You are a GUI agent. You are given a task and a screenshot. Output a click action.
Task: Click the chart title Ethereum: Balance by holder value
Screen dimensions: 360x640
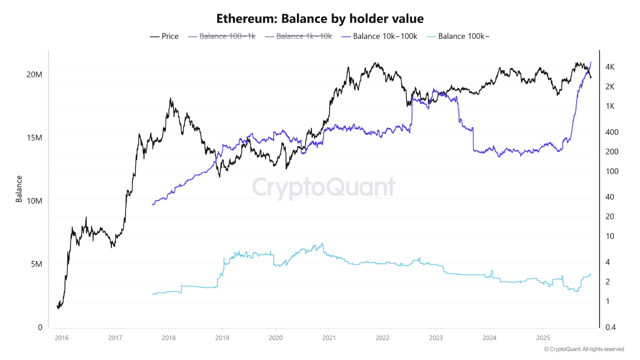tap(320, 19)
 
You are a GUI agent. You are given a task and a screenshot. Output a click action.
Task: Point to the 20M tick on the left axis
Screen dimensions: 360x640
tap(34, 74)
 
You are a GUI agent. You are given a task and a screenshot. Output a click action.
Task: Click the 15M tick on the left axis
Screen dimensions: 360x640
tap(34, 137)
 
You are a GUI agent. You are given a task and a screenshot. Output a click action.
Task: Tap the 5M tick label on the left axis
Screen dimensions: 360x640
tap(36, 264)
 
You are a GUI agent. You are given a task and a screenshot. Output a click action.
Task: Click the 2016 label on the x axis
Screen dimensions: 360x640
tap(61, 337)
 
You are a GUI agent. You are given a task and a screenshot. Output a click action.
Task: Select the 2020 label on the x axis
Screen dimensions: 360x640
tap(275, 337)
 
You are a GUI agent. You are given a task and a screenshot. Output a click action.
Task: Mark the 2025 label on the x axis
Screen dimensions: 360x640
tap(543, 337)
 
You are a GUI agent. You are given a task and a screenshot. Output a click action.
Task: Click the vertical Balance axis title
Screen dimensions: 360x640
tap(19, 188)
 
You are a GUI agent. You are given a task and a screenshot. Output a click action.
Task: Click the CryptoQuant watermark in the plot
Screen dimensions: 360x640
tap(323, 187)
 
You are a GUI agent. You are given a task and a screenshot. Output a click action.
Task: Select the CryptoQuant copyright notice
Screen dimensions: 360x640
tap(583, 349)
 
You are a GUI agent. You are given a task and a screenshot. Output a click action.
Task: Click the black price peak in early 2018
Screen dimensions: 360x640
tap(170, 98)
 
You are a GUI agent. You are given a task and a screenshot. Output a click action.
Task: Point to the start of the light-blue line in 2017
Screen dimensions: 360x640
tap(152, 294)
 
